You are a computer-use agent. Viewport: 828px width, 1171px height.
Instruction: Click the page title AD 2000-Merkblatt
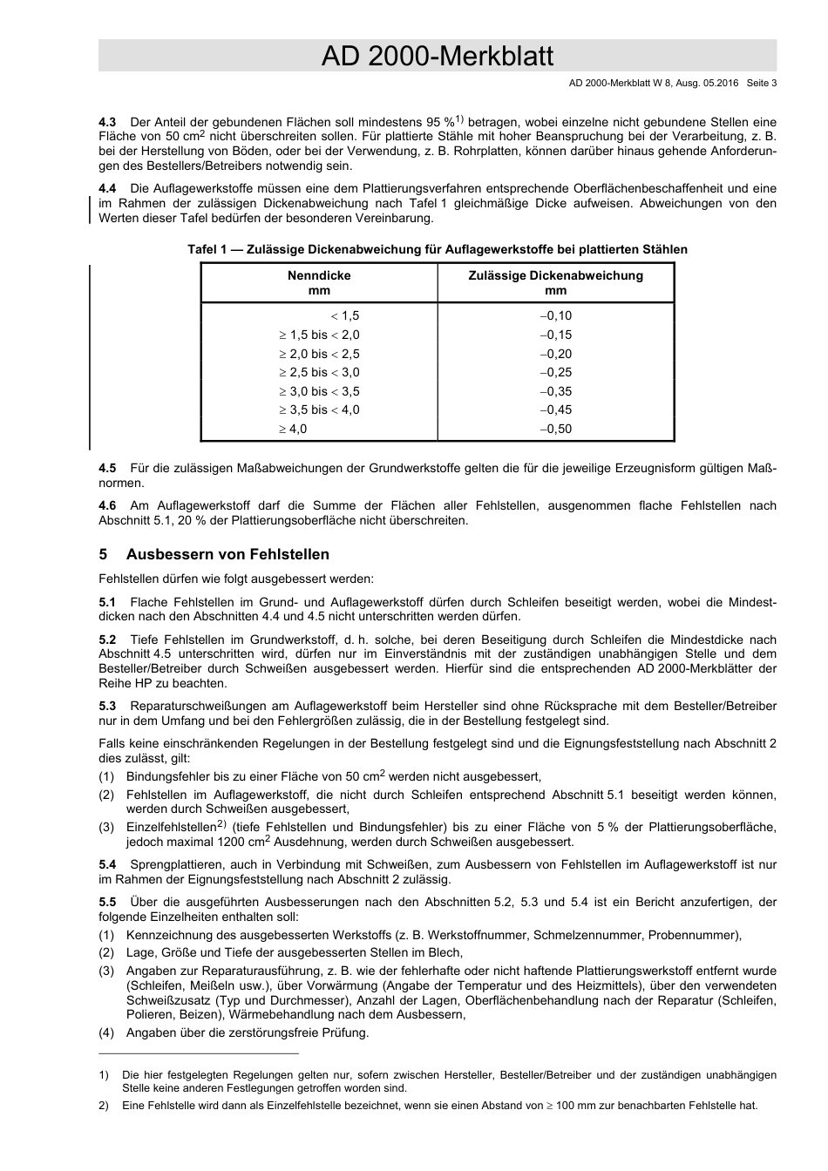pos(437,57)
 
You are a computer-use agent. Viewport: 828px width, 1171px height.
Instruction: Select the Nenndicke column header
pos(319,282)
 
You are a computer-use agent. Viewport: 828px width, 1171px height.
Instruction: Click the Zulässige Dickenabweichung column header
pos(555,282)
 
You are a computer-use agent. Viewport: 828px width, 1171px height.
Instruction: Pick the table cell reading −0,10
pos(555,316)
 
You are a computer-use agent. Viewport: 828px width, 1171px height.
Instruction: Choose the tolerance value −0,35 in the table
pos(555,391)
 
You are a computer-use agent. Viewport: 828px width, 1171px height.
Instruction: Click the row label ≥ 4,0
pos(293,429)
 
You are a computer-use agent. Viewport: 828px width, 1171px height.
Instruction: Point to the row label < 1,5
pos(345,316)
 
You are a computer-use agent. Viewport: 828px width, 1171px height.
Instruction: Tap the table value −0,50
pos(555,429)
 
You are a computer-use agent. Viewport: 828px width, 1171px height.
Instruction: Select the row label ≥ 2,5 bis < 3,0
pos(319,372)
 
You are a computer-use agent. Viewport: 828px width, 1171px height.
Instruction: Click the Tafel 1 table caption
pos(437,250)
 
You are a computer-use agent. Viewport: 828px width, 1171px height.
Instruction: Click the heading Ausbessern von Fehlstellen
pos(227,554)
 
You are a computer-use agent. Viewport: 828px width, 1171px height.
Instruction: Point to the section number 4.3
pos(107,122)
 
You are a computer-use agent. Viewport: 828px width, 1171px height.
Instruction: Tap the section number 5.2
pos(107,640)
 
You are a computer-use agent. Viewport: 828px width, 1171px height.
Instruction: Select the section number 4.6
pos(107,505)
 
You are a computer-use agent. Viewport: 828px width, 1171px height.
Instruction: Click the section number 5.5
pos(107,902)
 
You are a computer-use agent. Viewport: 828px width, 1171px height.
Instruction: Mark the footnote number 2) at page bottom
pos(103,1106)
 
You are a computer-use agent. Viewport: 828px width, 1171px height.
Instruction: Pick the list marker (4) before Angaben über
pos(106,1033)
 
